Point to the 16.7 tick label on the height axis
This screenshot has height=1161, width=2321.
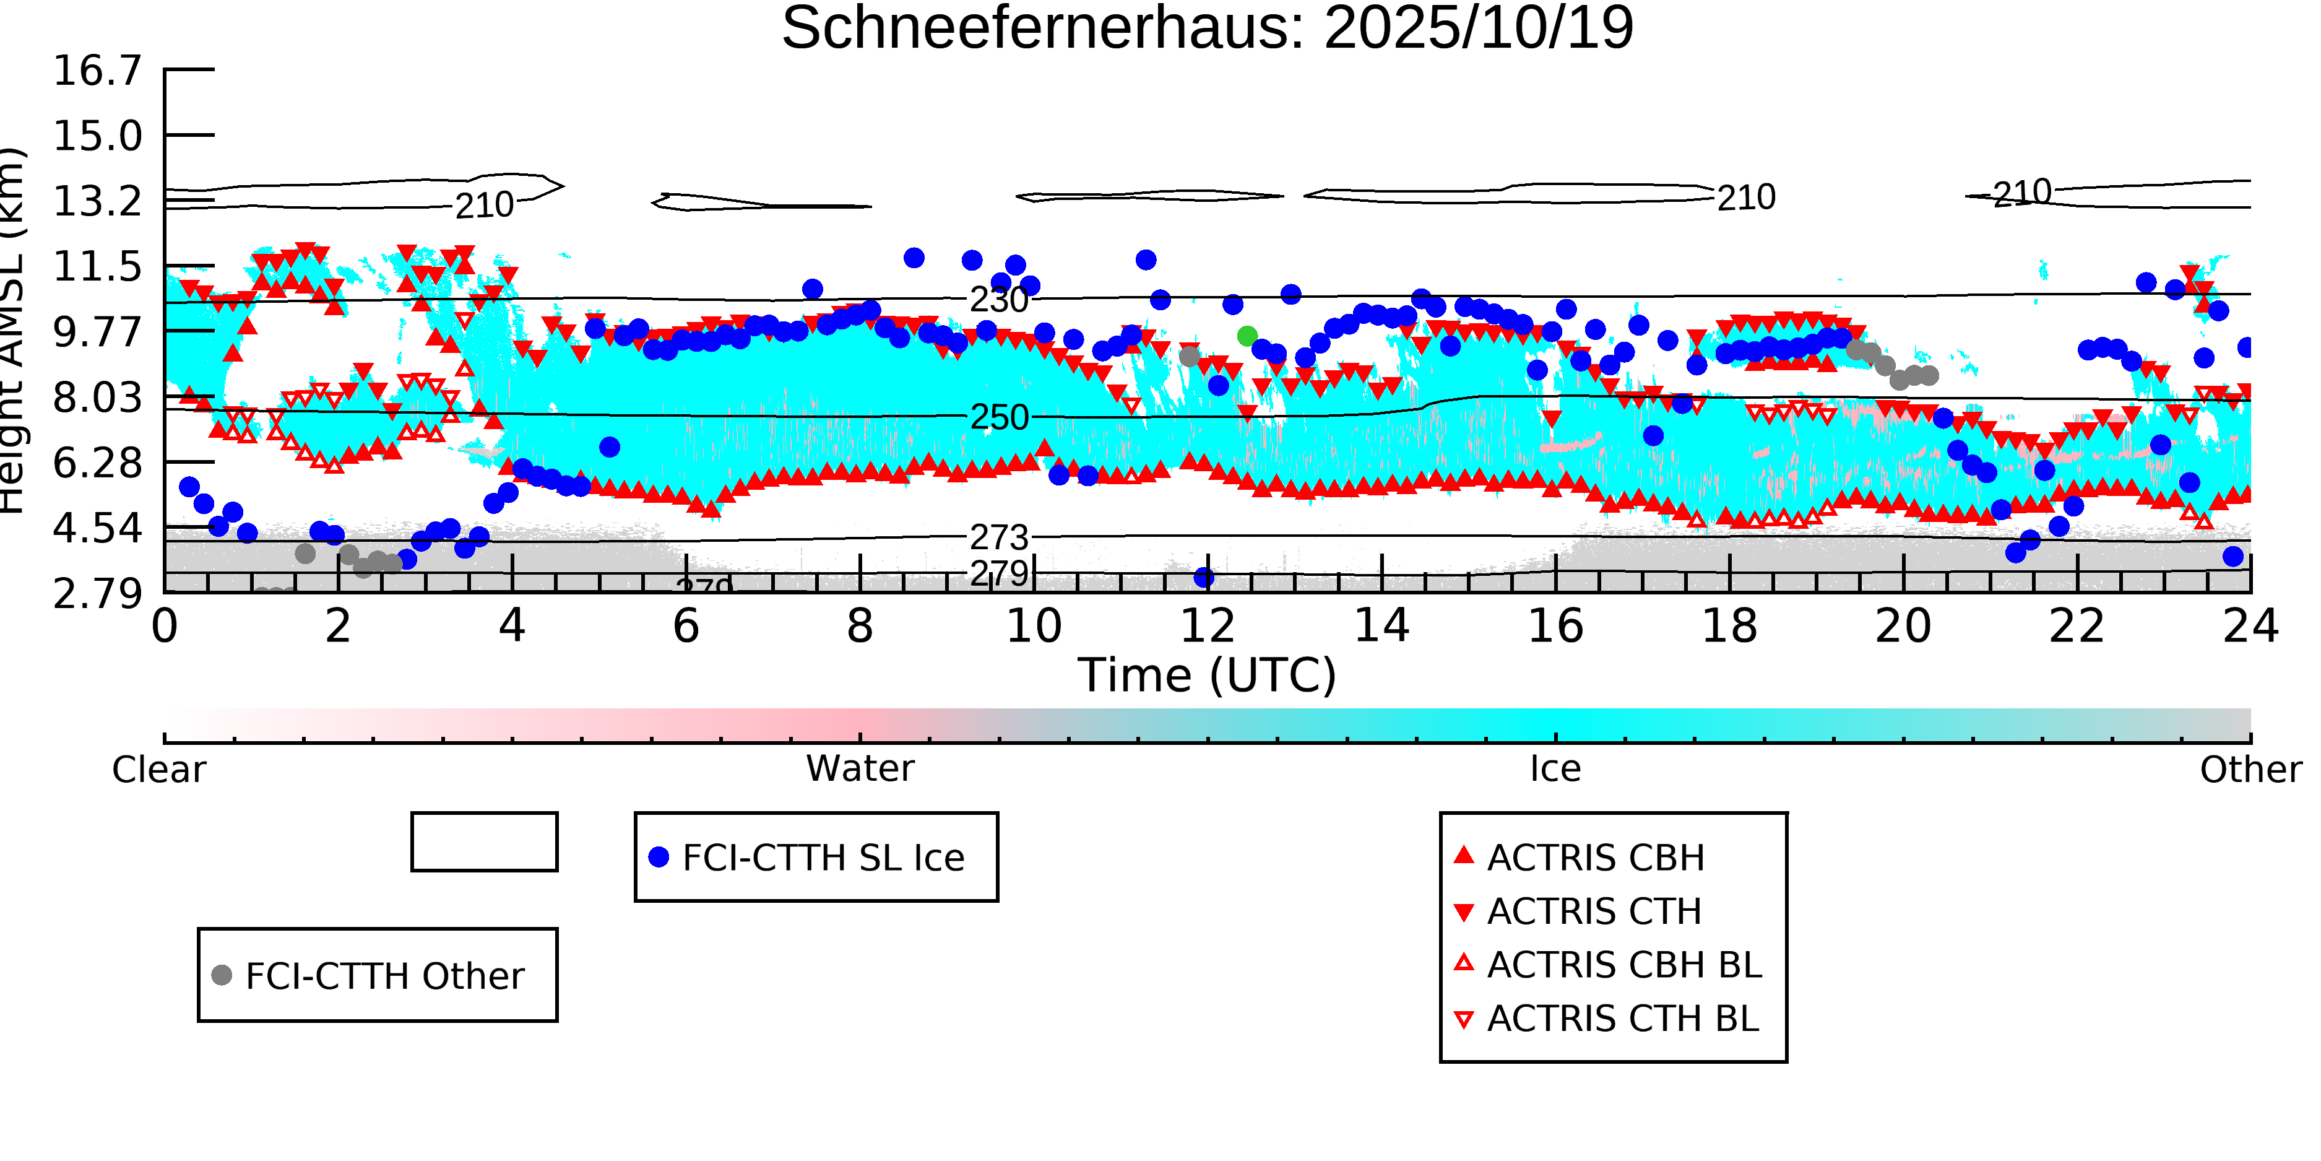click(97, 71)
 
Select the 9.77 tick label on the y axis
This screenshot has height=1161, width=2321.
click(97, 333)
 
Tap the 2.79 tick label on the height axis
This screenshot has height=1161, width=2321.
click(97, 594)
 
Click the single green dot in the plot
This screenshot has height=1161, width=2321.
click(1247, 336)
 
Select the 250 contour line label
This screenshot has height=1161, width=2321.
click(998, 418)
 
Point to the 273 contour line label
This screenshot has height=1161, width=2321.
click(998, 538)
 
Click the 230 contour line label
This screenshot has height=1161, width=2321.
click(998, 300)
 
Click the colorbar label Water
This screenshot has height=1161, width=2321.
click(860, 770)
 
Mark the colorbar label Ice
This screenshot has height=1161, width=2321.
click(1555, 770)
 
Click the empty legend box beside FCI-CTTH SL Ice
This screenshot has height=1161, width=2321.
click(484, 843)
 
